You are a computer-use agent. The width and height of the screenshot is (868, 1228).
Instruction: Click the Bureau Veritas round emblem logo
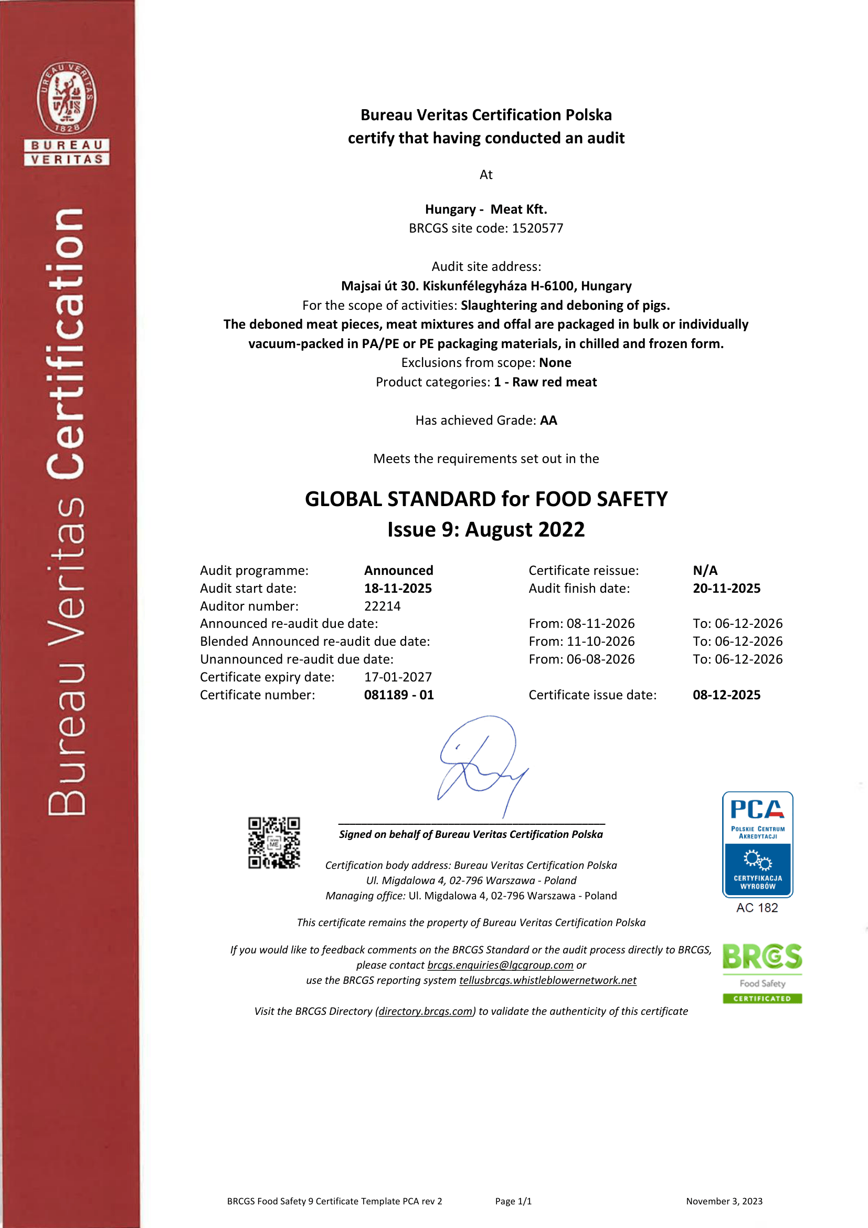coord(67,97)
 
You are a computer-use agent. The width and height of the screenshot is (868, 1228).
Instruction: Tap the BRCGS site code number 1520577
coord(537,228)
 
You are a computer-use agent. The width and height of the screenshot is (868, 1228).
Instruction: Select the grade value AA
coord(548,421)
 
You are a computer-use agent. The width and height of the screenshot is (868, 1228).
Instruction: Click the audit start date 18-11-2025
coord(398,589)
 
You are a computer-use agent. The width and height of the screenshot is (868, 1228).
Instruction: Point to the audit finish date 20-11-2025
coord(726,589)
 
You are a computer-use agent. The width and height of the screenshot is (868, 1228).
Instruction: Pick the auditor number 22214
coord(382,606)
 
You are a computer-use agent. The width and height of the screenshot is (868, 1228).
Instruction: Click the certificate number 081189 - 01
coord(399,695)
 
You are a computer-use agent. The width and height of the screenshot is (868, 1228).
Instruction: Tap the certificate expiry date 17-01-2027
coord(398,677)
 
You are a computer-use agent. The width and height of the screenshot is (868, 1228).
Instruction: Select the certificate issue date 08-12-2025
coord(726,695)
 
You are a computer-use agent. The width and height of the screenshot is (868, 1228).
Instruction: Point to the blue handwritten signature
coord(481,765)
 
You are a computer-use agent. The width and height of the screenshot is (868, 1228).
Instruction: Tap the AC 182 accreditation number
coord(757,908)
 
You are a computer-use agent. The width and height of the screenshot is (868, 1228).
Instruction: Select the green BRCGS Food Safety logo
coord(762,973)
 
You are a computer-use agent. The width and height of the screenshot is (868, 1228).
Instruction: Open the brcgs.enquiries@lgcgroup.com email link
coord(500,965)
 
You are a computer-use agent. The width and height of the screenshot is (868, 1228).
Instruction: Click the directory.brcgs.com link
coord(426,1011)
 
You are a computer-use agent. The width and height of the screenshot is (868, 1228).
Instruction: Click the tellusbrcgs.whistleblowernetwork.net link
coord(547,980)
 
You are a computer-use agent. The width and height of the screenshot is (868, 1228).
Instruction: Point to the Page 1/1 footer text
coord(513,1201)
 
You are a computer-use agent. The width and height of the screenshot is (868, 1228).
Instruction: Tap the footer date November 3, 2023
coord(724,1201)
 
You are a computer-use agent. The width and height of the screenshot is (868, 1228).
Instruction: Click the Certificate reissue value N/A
coord(705,570)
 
